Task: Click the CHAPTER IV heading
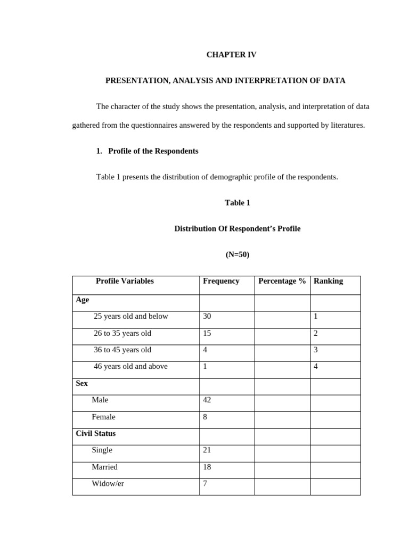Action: click(231, 55)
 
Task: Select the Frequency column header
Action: click(221, 281)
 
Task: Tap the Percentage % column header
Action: click(282, 281)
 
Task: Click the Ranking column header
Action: click(328, 281)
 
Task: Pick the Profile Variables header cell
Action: click(125, 281)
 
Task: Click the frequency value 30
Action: click(207, 316)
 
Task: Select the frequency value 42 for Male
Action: click(207, 400)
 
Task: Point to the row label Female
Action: click(103, 417)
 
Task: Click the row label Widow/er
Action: click(108, 484)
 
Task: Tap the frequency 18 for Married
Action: click(207, 467)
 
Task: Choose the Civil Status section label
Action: click(96, 433)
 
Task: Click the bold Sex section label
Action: click(82, 383)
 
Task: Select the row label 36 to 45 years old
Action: click(122, 350)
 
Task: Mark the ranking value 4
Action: click(316, 366)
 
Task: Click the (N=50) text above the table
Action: click(238, 254)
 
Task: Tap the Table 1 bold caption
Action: click(238, 203)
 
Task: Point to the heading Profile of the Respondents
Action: click(153, 151)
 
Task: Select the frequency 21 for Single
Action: click(207, 450)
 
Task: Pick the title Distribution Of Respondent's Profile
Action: click(238, 229)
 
